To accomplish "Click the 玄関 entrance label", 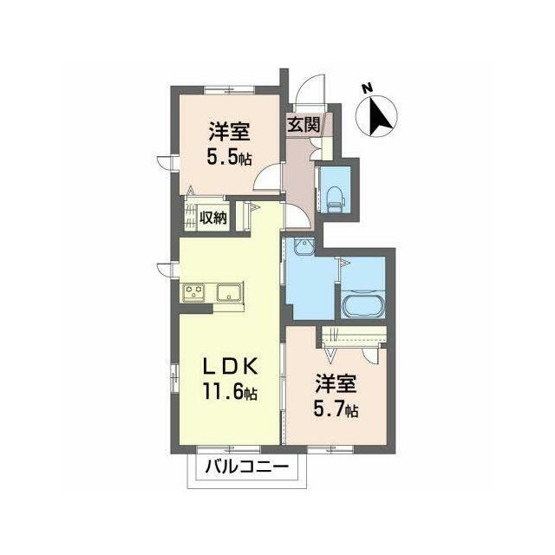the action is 304,124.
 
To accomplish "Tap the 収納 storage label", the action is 212,217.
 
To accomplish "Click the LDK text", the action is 230,368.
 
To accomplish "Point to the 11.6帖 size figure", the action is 230,392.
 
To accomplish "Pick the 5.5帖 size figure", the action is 229,158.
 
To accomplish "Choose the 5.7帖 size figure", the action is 336,409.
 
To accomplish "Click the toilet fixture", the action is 335,199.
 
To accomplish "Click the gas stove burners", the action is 194,292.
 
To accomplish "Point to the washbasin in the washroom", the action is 304,245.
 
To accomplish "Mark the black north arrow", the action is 379,115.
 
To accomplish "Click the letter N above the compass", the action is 368,88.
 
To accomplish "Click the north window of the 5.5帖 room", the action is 230,90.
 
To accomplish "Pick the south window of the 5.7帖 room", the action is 330,449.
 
